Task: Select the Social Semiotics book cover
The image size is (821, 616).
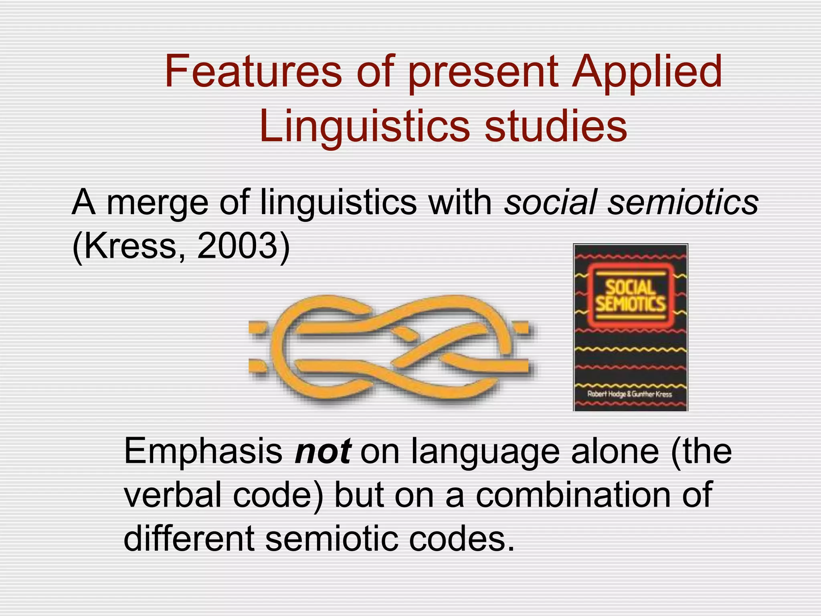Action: click(x=630, y=327)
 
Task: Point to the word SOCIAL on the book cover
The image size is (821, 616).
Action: click(x=630, y=288)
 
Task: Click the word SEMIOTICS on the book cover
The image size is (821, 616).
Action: click(x=630, y=304)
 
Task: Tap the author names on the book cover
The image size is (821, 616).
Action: click(x=629, y=394)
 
